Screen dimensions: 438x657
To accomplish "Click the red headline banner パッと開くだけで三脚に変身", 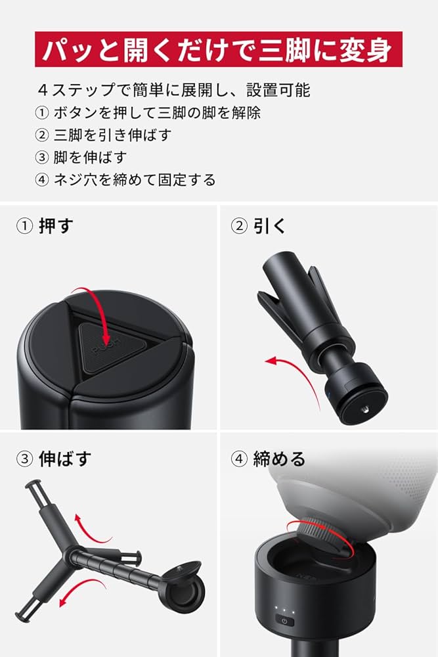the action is (x=219, y=49).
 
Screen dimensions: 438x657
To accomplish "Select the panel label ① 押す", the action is (x=45, y=226).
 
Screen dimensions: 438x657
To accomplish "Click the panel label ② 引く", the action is (x=258, y=226).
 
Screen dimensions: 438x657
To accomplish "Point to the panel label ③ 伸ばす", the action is (x=54, y=459).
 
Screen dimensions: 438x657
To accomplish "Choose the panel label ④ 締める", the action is (x=268, y=459).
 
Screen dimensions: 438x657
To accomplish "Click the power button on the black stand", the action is (x=284, y=621).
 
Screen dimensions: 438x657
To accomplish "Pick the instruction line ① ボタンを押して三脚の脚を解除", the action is (x=148, y=113).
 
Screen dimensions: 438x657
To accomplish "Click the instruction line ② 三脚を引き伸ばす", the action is (x=104, y=135).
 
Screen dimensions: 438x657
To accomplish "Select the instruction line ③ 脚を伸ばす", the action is (x=81, y=158).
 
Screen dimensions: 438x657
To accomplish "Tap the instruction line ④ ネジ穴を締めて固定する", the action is (x=125, y=180).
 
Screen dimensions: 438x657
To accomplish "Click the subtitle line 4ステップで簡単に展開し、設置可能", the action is (x=174, y=89).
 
